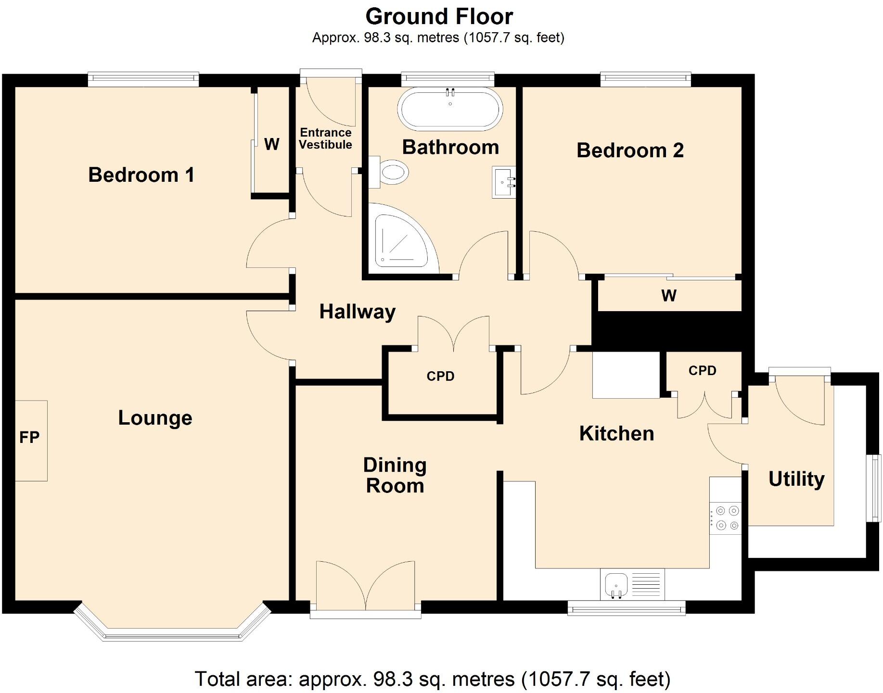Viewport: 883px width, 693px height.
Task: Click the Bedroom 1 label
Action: (x=141, y=175)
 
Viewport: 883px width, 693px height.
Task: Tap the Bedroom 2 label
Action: (x=630, y=151)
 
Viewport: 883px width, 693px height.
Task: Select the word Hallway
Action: (x=358, y=312)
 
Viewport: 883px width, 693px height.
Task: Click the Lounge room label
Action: (x=155, y=418)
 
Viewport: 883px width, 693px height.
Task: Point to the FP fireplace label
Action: (x=29, y=437)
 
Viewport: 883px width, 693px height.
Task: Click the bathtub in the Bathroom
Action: (x=450, y=109)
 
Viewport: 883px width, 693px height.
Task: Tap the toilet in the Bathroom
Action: (x=389, y=172)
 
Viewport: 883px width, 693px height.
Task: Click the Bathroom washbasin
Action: (x=504, y=182)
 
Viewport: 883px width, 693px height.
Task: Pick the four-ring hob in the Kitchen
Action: (x=726, y=518)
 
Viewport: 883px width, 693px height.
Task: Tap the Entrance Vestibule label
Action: (x=326, y=139)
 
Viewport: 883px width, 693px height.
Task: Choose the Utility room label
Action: (x=796, y=479)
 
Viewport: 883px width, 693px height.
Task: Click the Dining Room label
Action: (x=395, y=476)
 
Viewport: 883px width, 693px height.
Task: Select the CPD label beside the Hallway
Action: (x=440, y=376)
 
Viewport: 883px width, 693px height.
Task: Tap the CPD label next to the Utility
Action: (x=703, y=370)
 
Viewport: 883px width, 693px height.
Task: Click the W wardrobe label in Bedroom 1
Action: (x=272, y=144)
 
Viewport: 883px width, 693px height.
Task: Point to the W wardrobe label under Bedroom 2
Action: (x=669, y=295)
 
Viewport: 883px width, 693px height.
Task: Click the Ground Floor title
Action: (x=439, y=16)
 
